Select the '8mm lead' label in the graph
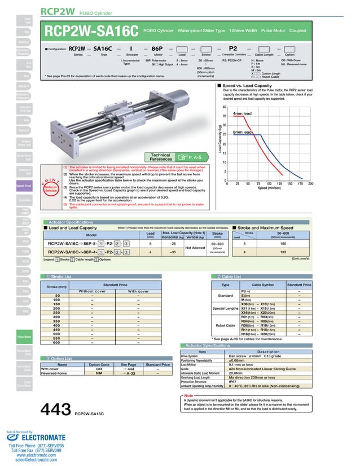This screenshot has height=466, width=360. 242,132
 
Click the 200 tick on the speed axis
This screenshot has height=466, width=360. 310,184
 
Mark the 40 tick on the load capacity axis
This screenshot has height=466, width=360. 224,107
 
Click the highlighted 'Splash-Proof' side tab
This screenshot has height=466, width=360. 23,183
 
